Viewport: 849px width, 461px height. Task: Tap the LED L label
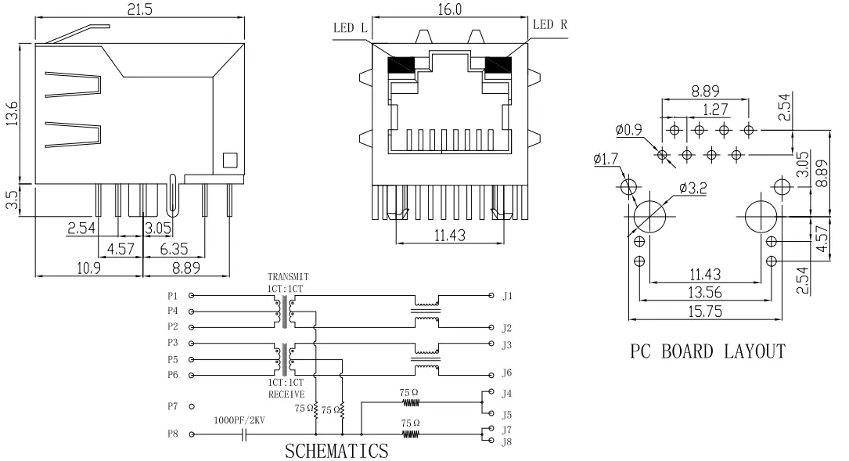(x=350, y=26)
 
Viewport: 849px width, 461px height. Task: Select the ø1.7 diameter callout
(x=606, y=160)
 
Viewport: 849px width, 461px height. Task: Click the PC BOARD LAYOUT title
(x=707, y=351)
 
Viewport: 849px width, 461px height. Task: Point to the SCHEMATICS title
(x=336, y=451)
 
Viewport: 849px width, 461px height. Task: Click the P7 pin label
(x=172, y=406)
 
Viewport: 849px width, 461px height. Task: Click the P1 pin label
(x=172, y=296)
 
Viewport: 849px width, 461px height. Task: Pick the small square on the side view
(x=229, y=160)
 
